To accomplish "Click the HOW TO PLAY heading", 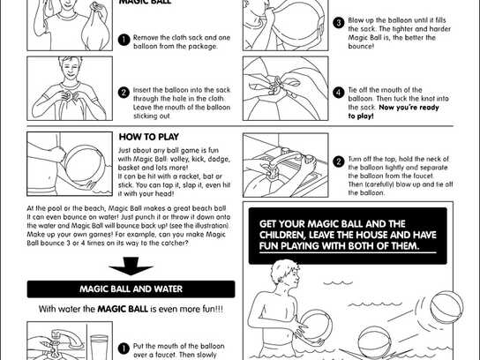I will point(150,137).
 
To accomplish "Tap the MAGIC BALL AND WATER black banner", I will point(131,289).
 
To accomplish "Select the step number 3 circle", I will point(338,22).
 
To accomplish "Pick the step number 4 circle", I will point(338,92).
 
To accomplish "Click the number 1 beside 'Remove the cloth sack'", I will point(124,39).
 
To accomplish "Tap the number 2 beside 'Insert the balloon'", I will point(124,91).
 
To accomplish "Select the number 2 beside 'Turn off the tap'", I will point(338,161).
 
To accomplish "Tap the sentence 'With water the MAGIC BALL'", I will point(131,309).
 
